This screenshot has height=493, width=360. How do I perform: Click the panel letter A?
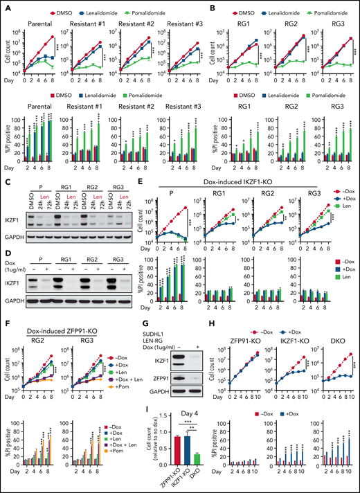(x=6, y=6)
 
